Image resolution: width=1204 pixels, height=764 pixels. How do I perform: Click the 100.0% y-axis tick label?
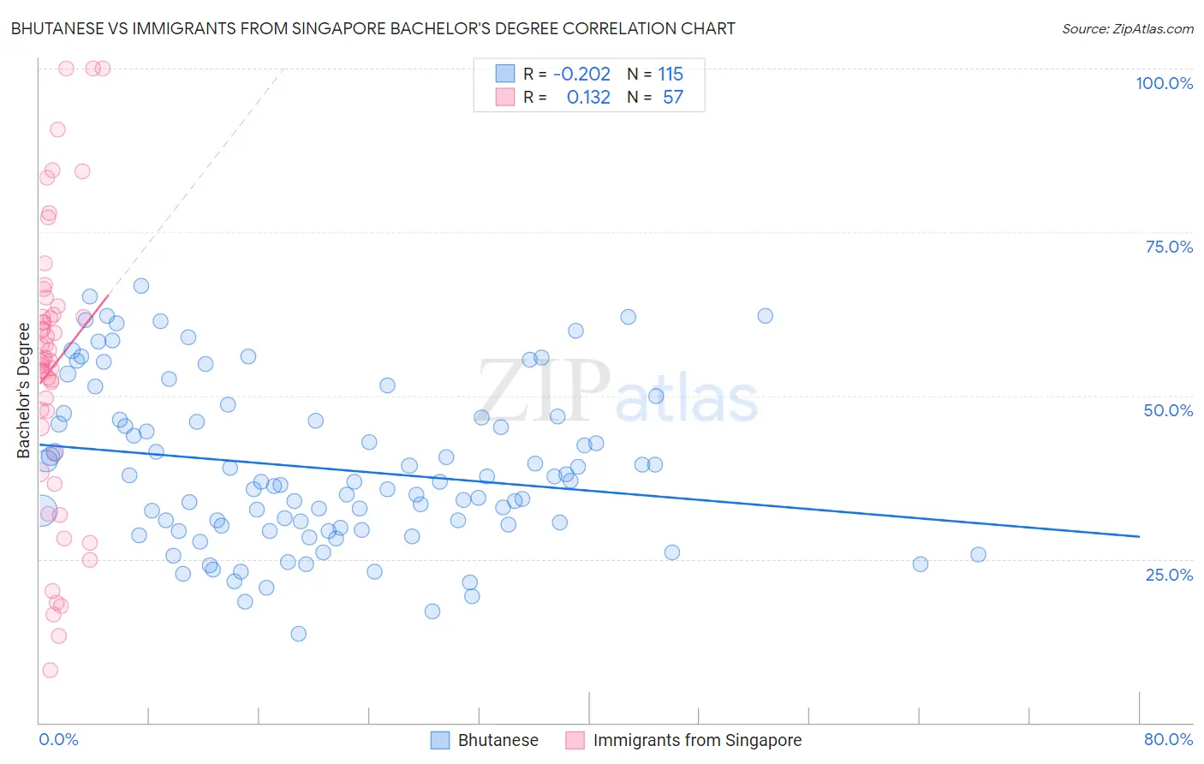coord(1164,83)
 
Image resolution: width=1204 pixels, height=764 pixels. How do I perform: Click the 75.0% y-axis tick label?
coord(1169,247)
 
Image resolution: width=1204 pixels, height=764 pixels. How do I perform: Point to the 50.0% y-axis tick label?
coord(1168,410)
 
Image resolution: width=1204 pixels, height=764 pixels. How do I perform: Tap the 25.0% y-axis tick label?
coord(1169,574)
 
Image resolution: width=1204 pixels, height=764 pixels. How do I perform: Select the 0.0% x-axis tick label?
coord(58,739)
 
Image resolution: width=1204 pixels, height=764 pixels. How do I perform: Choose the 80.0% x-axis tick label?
coord(1168,739)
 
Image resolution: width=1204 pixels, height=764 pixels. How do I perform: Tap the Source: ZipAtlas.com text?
coord(1127,28)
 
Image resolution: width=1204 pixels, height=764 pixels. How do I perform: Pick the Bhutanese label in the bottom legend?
coord(498,740)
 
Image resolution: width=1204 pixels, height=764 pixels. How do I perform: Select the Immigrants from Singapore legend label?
coord(697,740)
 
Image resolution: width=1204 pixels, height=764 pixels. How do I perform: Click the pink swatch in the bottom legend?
coord(575,740)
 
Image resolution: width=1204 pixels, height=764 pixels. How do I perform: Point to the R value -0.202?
coord(581,74)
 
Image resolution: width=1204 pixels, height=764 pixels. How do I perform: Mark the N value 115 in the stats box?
coord(671,74)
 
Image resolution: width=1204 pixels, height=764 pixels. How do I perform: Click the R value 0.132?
coord(588,97)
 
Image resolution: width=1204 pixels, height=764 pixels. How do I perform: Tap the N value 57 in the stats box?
coord(673,97)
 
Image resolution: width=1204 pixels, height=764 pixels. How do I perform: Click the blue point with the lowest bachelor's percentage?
coord(298,634)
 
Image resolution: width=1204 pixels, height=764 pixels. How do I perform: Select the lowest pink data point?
coord(50,670)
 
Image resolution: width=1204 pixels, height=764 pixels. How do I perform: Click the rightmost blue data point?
coord(978,554)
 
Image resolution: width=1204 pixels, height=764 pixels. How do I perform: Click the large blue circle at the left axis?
coord(39,511)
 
